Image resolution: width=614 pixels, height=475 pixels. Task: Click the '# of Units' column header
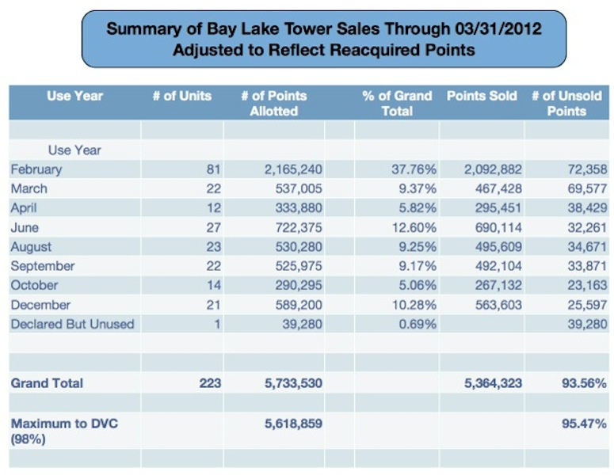coord(181,96)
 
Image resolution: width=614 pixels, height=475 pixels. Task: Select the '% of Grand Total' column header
coord(397,103)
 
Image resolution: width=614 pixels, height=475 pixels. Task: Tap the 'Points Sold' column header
coord(481,96)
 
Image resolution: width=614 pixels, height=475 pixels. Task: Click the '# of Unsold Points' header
coord(566,103)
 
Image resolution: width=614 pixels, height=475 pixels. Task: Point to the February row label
coord(36,169)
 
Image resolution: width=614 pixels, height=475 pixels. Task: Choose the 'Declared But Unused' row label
coord(72,324)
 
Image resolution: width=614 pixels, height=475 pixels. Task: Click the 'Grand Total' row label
coord(47,383)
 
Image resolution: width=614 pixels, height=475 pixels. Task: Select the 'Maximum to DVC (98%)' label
coord(59,431)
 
